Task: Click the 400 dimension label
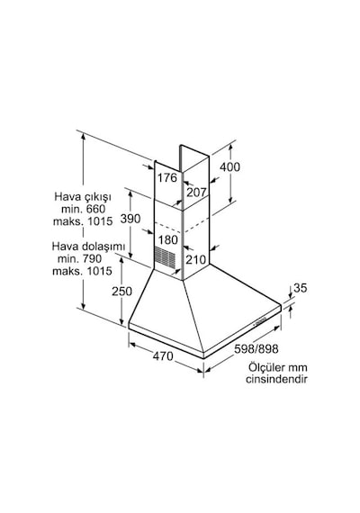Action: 229,166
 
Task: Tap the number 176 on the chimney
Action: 167,177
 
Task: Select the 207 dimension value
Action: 196,192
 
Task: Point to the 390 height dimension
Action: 130,219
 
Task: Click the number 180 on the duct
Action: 168,239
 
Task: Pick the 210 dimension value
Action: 196,260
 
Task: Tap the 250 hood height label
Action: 121,292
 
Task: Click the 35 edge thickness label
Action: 300,288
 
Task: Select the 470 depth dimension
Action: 163,355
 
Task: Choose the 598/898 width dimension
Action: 256,349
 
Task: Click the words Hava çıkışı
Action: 83,197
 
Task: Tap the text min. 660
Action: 83,209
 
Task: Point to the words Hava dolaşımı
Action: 84,247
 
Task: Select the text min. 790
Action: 79,259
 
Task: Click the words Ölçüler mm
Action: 277,367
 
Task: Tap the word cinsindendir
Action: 276,379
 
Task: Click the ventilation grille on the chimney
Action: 165,256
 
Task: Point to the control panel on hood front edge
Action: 260,322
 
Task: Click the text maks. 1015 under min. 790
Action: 82,271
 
